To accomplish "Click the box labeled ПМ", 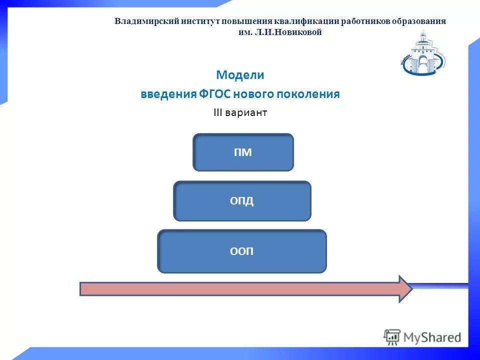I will click(x=243, y=152).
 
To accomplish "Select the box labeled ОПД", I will click(x=242, y=201).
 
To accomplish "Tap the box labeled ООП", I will click(x=242, y=251).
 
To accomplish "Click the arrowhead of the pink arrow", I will click(x=404, y=289).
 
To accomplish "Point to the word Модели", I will click(x=240, y=75).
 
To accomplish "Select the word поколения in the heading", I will click(x=312, y=94).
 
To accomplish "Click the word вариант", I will click(x=246, y=113).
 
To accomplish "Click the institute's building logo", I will click(x=423, y=53).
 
